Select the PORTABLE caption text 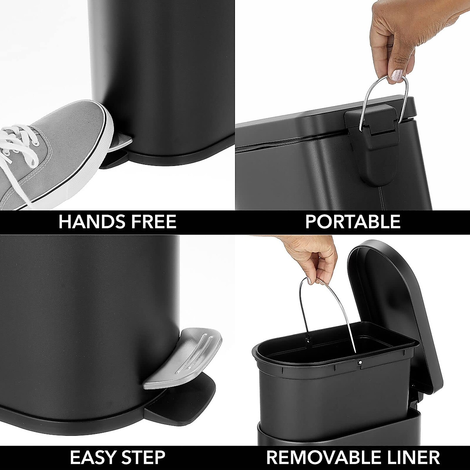(x=352, y=222)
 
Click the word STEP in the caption (x=143, y=457)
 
